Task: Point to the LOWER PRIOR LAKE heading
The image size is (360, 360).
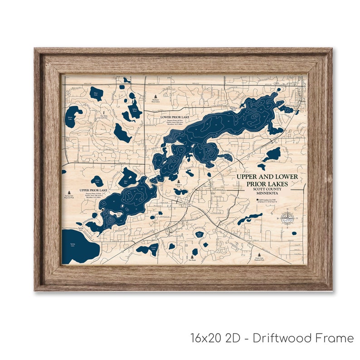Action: (x=175, y=117)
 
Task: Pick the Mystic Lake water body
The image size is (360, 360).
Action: (x=73, y=112)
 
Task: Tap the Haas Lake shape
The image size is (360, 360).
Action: (x=96, y=94)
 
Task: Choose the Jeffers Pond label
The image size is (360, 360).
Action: (x=134, y=109)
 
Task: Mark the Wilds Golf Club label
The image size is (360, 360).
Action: (x=103, y=116)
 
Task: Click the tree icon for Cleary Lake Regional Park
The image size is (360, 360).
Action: (x=259, y=255)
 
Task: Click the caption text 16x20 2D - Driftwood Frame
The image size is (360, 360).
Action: (x=272, y=338)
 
